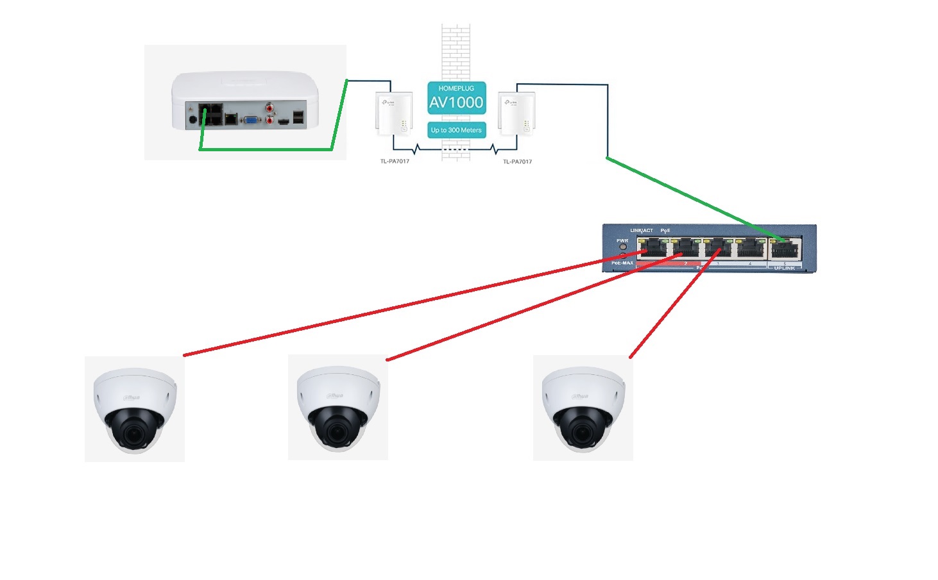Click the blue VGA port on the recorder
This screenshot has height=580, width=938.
[253, 119]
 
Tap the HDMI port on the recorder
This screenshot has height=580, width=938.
[284, 120]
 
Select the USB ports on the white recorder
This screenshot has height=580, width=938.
[298, 117]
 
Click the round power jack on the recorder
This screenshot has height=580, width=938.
[192, 119]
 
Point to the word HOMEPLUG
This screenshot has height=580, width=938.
[456, 88]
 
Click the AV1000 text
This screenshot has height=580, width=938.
[456, 103]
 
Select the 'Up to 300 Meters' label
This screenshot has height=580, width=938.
[456, 130]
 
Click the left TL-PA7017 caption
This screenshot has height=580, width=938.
[395, 162]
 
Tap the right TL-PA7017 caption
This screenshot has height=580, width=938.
[517, 162]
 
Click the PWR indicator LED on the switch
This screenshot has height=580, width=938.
[622, 247]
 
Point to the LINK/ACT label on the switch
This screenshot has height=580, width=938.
[641, 231]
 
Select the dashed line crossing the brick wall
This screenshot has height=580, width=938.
[456, 149]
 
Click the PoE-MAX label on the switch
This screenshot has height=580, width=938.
[622, 263]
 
